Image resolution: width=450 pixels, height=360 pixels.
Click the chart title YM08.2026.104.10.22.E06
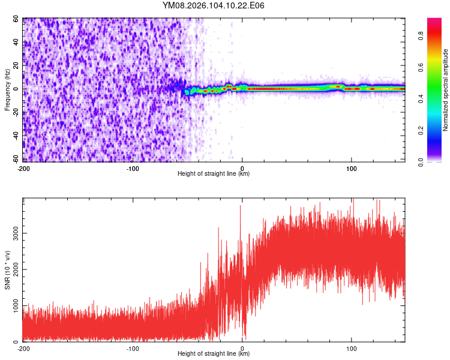click(214, 5)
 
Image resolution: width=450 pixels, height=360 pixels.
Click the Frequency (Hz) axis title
click(7, 90)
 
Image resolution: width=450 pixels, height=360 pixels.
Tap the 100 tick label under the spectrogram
click(351, 169)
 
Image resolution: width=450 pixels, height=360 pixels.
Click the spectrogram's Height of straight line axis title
click(214, 174)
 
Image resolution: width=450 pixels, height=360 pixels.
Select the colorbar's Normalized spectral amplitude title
click(446, 90)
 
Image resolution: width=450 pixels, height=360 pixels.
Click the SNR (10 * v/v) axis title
click(7, 270)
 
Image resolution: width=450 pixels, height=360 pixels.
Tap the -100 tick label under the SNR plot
click(133, 349)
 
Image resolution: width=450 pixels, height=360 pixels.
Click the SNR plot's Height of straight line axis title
click(214, 354)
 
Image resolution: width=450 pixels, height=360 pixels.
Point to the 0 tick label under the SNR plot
click(242, 349)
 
